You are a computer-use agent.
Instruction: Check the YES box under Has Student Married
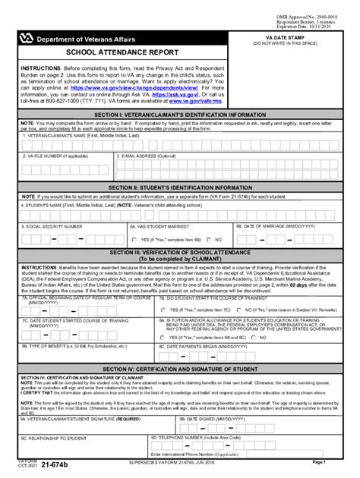[134, 241]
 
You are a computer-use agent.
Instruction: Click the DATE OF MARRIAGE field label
[275, 225]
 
